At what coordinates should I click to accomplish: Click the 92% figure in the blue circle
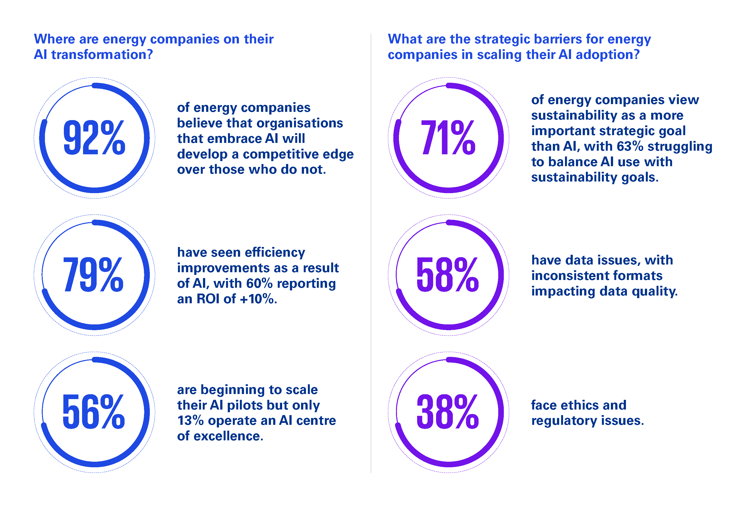(x=94, y=138)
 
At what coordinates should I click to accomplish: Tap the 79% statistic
(x=93, y=275)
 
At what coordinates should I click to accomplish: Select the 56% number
(x=93, y=412)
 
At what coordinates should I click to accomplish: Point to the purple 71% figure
(x=448, y=138)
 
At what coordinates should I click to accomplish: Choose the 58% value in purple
(x=448, y=275)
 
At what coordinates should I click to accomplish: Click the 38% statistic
(x=448, y=412)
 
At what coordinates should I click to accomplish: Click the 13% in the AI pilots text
(x=190, y=421)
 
